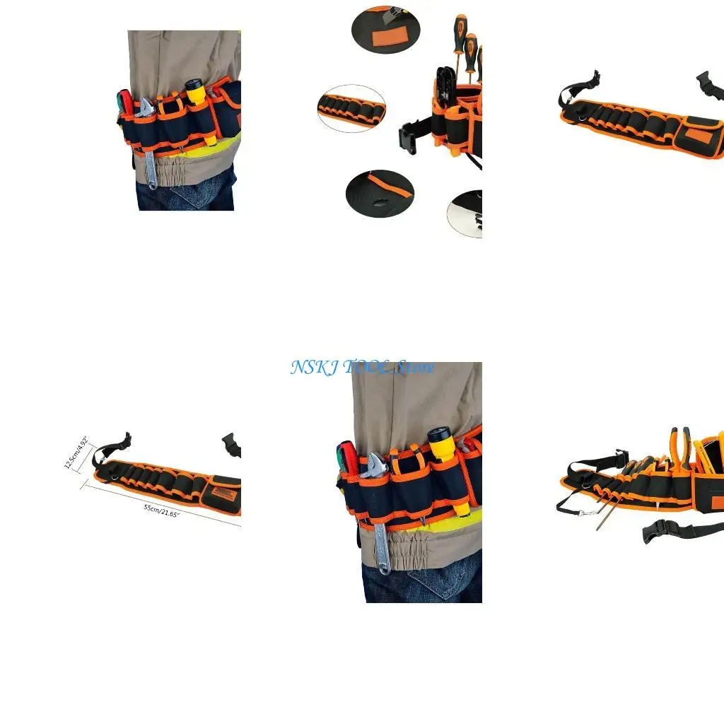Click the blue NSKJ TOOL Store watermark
point(362,368)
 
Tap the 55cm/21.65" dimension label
point(162,509)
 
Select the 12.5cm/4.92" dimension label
point(76,452)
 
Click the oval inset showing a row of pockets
point(351,108)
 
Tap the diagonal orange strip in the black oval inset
point(388,186)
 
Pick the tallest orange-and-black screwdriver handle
point(461,32)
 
